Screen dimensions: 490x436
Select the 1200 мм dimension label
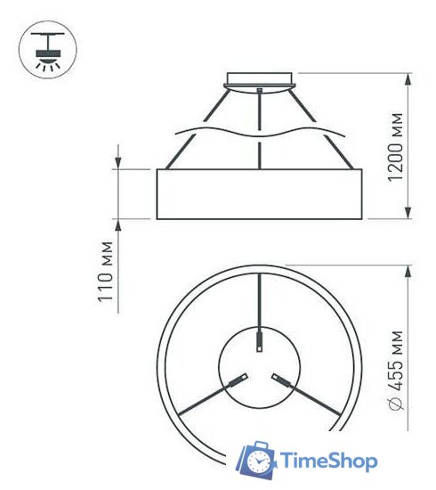396,148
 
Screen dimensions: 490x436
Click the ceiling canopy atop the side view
259,79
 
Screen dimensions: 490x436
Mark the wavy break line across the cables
260,134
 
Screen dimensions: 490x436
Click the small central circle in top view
259,365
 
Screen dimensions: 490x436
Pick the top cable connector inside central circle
259,342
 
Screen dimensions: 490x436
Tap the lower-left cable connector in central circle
238,380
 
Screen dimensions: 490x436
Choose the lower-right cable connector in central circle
280,380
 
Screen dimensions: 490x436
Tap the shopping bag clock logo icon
258,459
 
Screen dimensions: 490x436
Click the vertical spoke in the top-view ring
259,303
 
